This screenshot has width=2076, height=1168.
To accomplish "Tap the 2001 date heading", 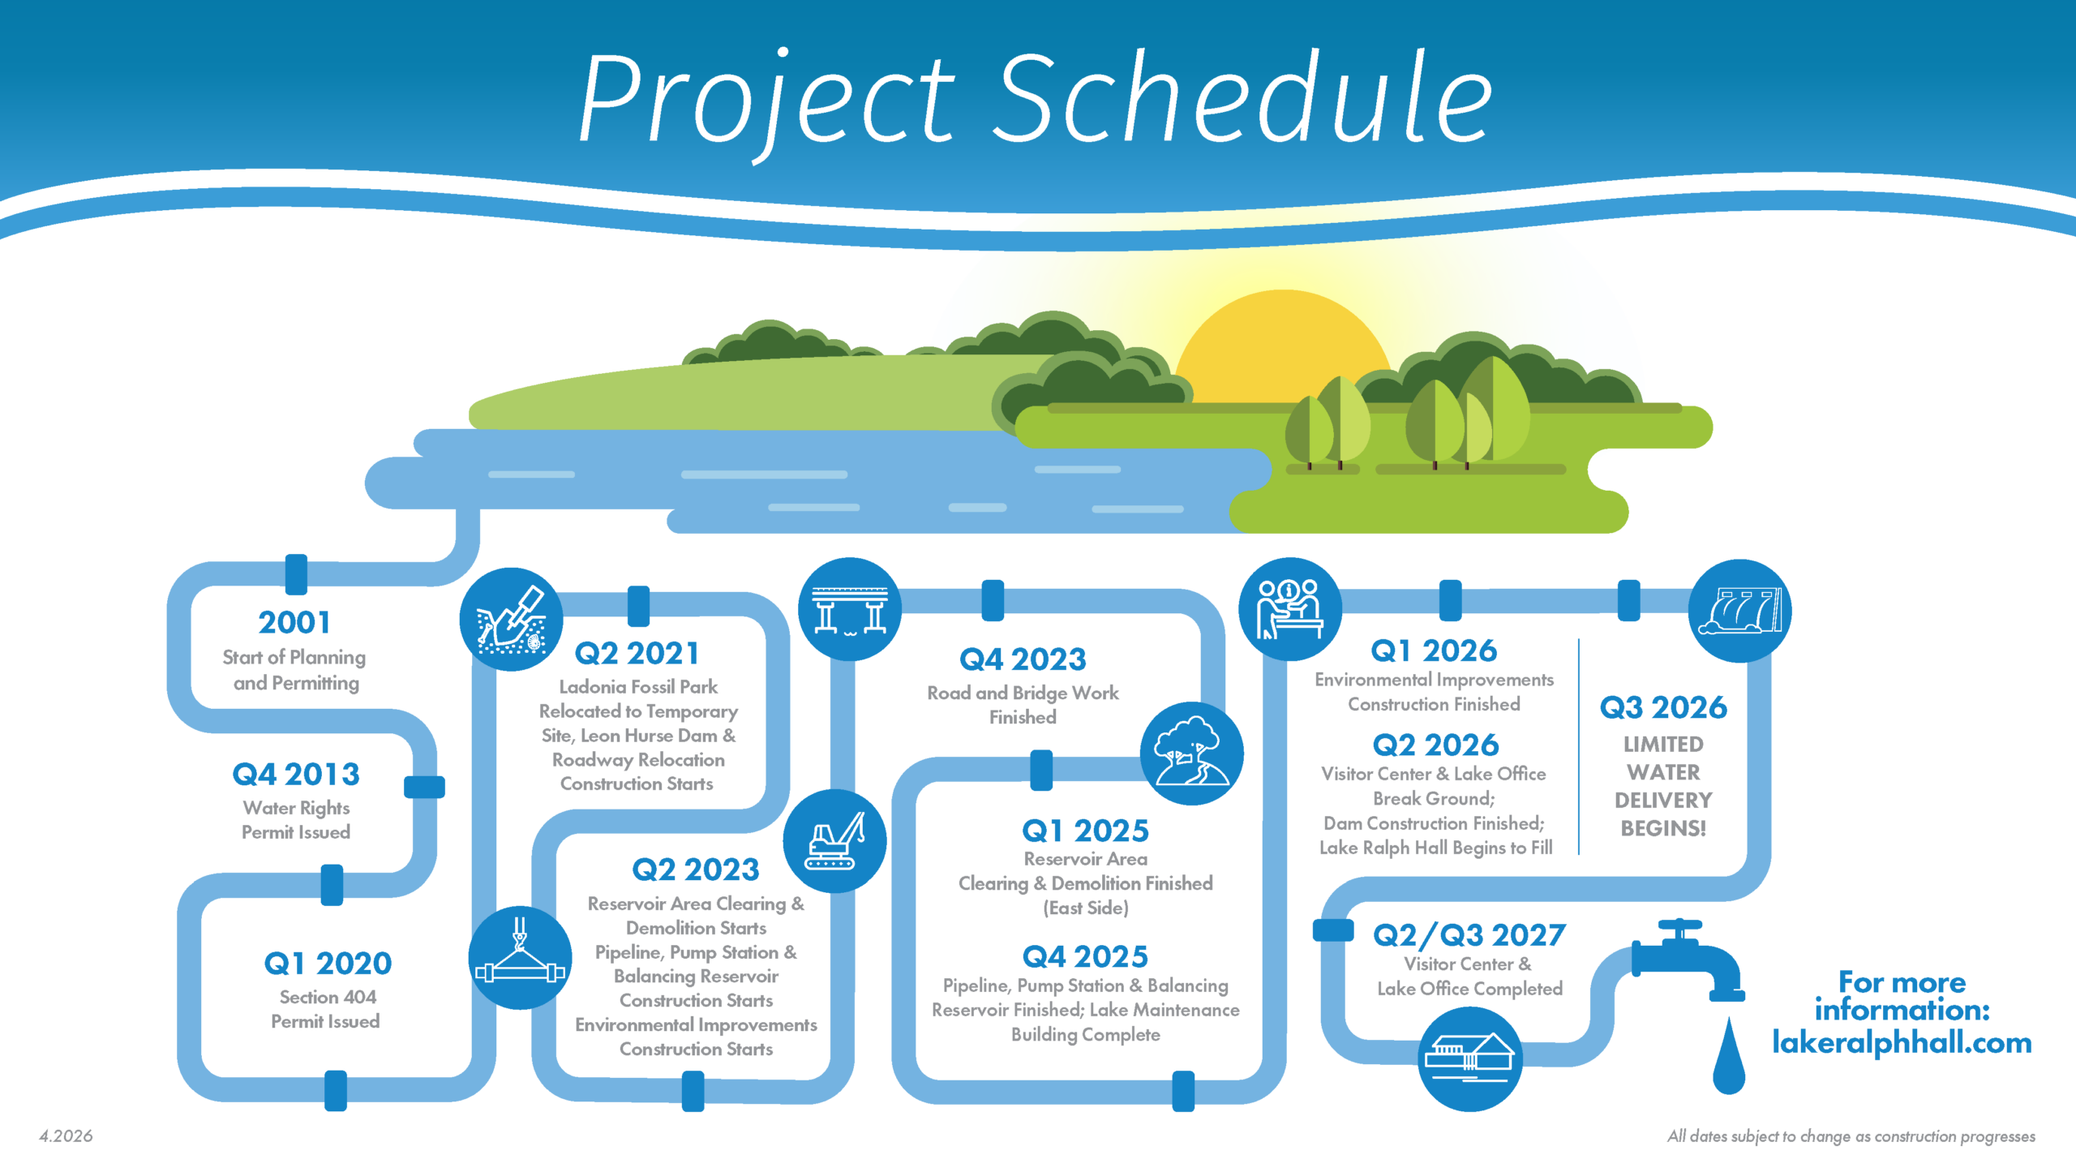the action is tap(294, 623).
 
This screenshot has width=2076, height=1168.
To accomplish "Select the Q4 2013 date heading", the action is tap(296, 775).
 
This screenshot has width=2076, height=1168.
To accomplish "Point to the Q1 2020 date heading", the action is tap(328, 964).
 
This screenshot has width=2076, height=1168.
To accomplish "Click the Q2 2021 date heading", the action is tap(637, 654).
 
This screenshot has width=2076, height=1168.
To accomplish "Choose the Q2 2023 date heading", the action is tap(696, 870).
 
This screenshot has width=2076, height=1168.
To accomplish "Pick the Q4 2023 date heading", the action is tap(1023, 659).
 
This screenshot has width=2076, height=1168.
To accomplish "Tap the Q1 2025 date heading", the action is tap(1085, 831).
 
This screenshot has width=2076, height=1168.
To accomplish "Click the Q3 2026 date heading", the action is tap(1663, 708).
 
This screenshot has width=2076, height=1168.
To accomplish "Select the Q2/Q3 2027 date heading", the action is tap(1469, 936).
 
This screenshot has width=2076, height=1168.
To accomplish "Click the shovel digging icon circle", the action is tap(511, 620).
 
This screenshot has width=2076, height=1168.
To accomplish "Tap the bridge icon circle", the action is tap(850, 609).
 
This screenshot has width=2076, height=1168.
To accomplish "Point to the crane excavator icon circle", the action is tap(834, 841).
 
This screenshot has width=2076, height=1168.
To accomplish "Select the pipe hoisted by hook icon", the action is tap(520, 958).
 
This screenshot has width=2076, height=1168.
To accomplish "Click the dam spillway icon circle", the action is tap(1740, 611).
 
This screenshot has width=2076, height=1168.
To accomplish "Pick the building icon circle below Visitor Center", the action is tap(1470, 1058).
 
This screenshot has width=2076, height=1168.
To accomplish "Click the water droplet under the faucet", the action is tap(1728, 1058).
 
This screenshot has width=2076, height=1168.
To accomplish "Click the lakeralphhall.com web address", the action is tap(1902, 1043).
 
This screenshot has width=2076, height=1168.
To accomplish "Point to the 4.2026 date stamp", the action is tap(66, 1136).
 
